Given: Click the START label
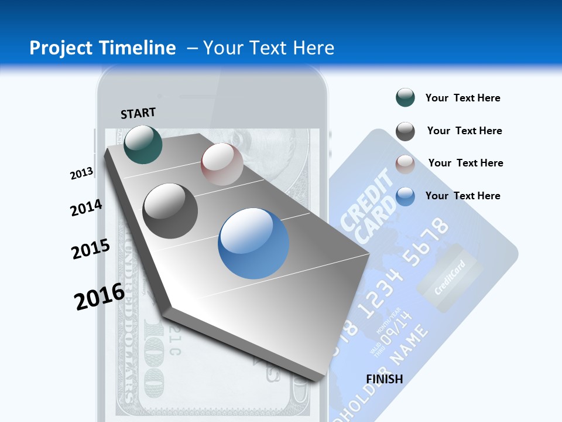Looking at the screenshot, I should pyautogui.click(x=138, y=113).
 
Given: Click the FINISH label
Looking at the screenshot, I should pyautogui.click(x=385, y=379).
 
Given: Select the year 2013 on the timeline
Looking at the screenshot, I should pyautogui.click(x=81, y=173).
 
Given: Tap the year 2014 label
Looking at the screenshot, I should pyautogui.click(x=86, y=207).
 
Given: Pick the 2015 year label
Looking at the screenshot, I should pyautogui.click(x=91, y=249).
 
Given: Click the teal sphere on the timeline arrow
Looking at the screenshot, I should pyautogui.click(x=143, y=144).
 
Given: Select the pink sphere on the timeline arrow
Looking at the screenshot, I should pyautogui.click(x=222, y=164).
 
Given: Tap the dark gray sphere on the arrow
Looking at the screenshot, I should pyautogui.click(x=170, y=211).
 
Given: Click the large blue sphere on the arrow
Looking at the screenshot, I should pyautogui.click(x=253, y=243).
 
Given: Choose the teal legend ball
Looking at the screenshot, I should pyautogui.click(x=405, y=98).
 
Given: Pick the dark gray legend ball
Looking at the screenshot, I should pyautogui.click(x=405, y=131).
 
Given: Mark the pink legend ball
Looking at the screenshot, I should pyautogui.click(x=405, y=164).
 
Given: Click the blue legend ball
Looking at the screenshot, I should pyautogui.click(x=405, y=196).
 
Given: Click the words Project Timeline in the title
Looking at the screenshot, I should pyautogui.click(x=102, y=48).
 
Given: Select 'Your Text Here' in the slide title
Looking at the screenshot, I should pyautogui.click(x=269, y=48).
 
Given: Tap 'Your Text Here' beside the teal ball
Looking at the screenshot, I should pyautogui.click(x=462, y=98).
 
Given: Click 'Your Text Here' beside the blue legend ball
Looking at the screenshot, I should pyautogui.click(x=462, y=196).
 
